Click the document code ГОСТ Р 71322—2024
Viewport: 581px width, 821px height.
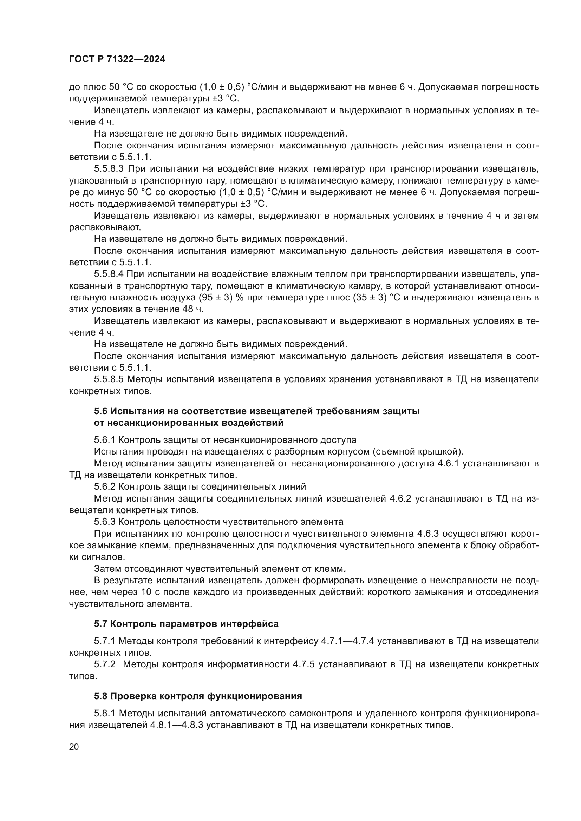pos(117,59)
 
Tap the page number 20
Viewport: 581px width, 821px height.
pos(74,747)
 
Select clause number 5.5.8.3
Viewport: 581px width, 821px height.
pos(109,169)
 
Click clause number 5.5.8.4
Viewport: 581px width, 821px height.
pos(109,274)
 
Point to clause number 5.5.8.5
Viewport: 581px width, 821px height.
pos(109,379)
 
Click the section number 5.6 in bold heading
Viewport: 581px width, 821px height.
pos(101,411)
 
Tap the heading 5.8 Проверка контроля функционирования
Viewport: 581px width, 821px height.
pos(198,696)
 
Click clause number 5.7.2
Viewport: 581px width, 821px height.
pos(104,664)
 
